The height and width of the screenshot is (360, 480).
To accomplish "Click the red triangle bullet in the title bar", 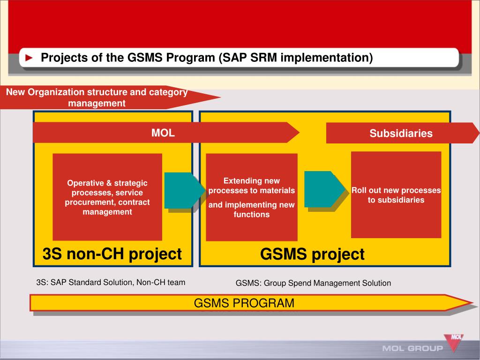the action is coord(29,58).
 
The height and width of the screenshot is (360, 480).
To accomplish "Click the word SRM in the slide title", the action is coord(263,58).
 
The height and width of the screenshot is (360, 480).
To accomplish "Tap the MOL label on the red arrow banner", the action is coord(163,133).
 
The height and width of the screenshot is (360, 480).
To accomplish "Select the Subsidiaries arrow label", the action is coord(401,133).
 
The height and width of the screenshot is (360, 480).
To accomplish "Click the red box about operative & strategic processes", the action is coord(107,197).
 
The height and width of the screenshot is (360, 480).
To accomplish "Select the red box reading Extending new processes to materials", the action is coord(252,197).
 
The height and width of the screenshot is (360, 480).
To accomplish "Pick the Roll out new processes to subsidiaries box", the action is coord(396,195).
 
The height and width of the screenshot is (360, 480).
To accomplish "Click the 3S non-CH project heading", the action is coord(112,254).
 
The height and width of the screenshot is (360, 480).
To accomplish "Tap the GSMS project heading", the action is coord(312,254).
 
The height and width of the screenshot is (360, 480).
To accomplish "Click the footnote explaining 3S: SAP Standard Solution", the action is coord(111,282).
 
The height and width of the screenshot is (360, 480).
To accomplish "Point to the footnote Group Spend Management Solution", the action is coord(313,283).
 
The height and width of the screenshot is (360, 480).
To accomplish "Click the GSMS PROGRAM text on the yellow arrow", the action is coord(244,303).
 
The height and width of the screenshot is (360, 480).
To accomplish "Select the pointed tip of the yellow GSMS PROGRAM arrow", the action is coord(472,303).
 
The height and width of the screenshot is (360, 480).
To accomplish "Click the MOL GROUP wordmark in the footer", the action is coord(412,348).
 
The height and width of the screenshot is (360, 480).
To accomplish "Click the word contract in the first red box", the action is coord(134,202).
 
